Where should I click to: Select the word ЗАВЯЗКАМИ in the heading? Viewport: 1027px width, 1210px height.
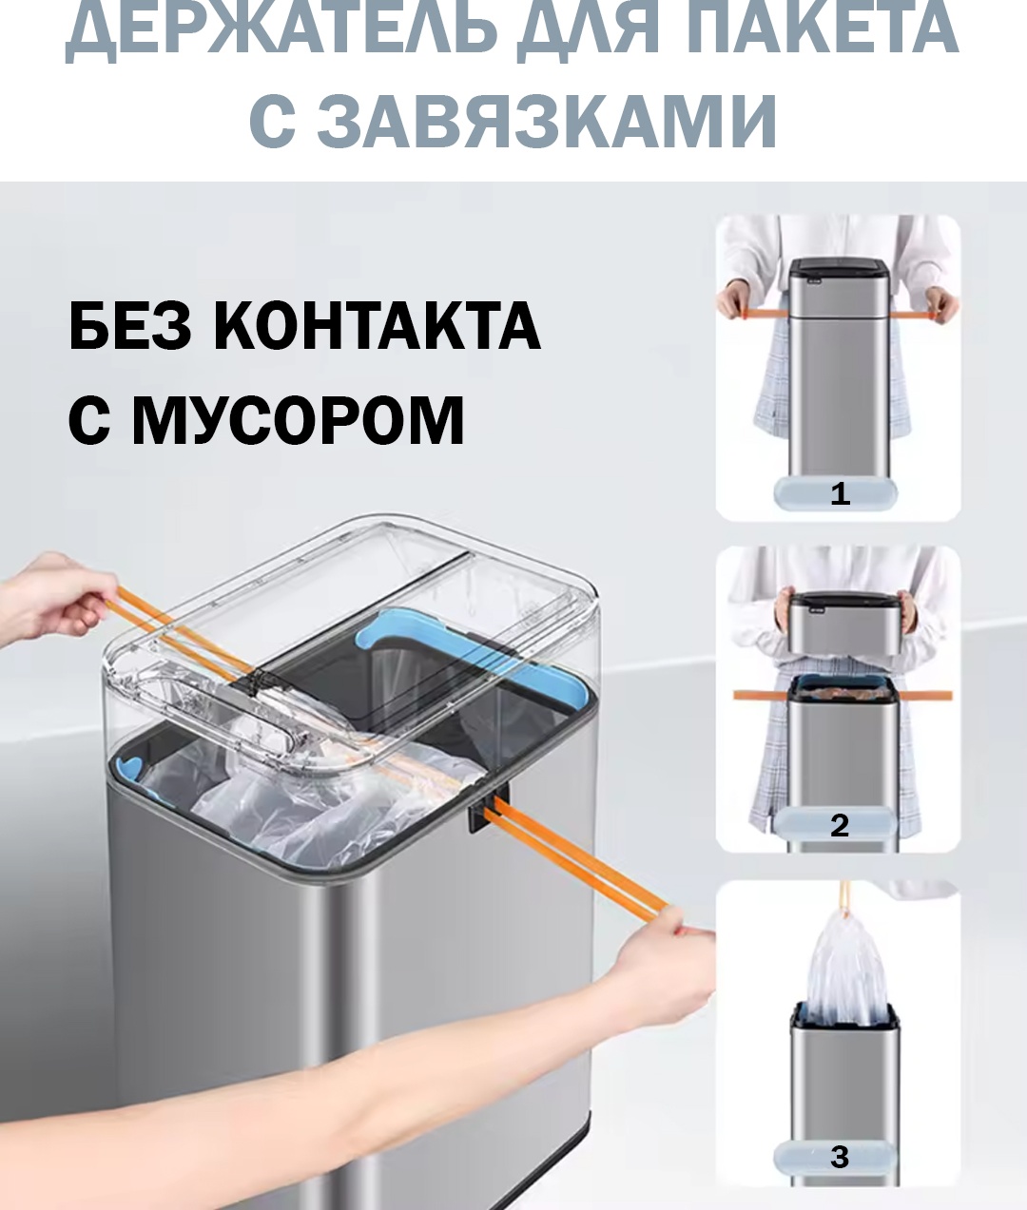[x=548, y=122]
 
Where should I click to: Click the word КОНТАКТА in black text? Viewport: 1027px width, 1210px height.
[x=377, y=326]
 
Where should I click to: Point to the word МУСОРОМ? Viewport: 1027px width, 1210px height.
[x=298, y=420]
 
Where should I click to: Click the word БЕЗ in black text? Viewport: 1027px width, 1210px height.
[x=130, y=326]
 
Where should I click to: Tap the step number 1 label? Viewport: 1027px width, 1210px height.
[x=841, y=493]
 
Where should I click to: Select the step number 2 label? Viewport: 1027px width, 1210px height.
[x=840, y=825]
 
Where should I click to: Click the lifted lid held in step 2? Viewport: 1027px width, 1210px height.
[x=843, y=624]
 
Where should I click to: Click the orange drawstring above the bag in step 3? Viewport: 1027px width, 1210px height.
[x=844, y=899]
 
